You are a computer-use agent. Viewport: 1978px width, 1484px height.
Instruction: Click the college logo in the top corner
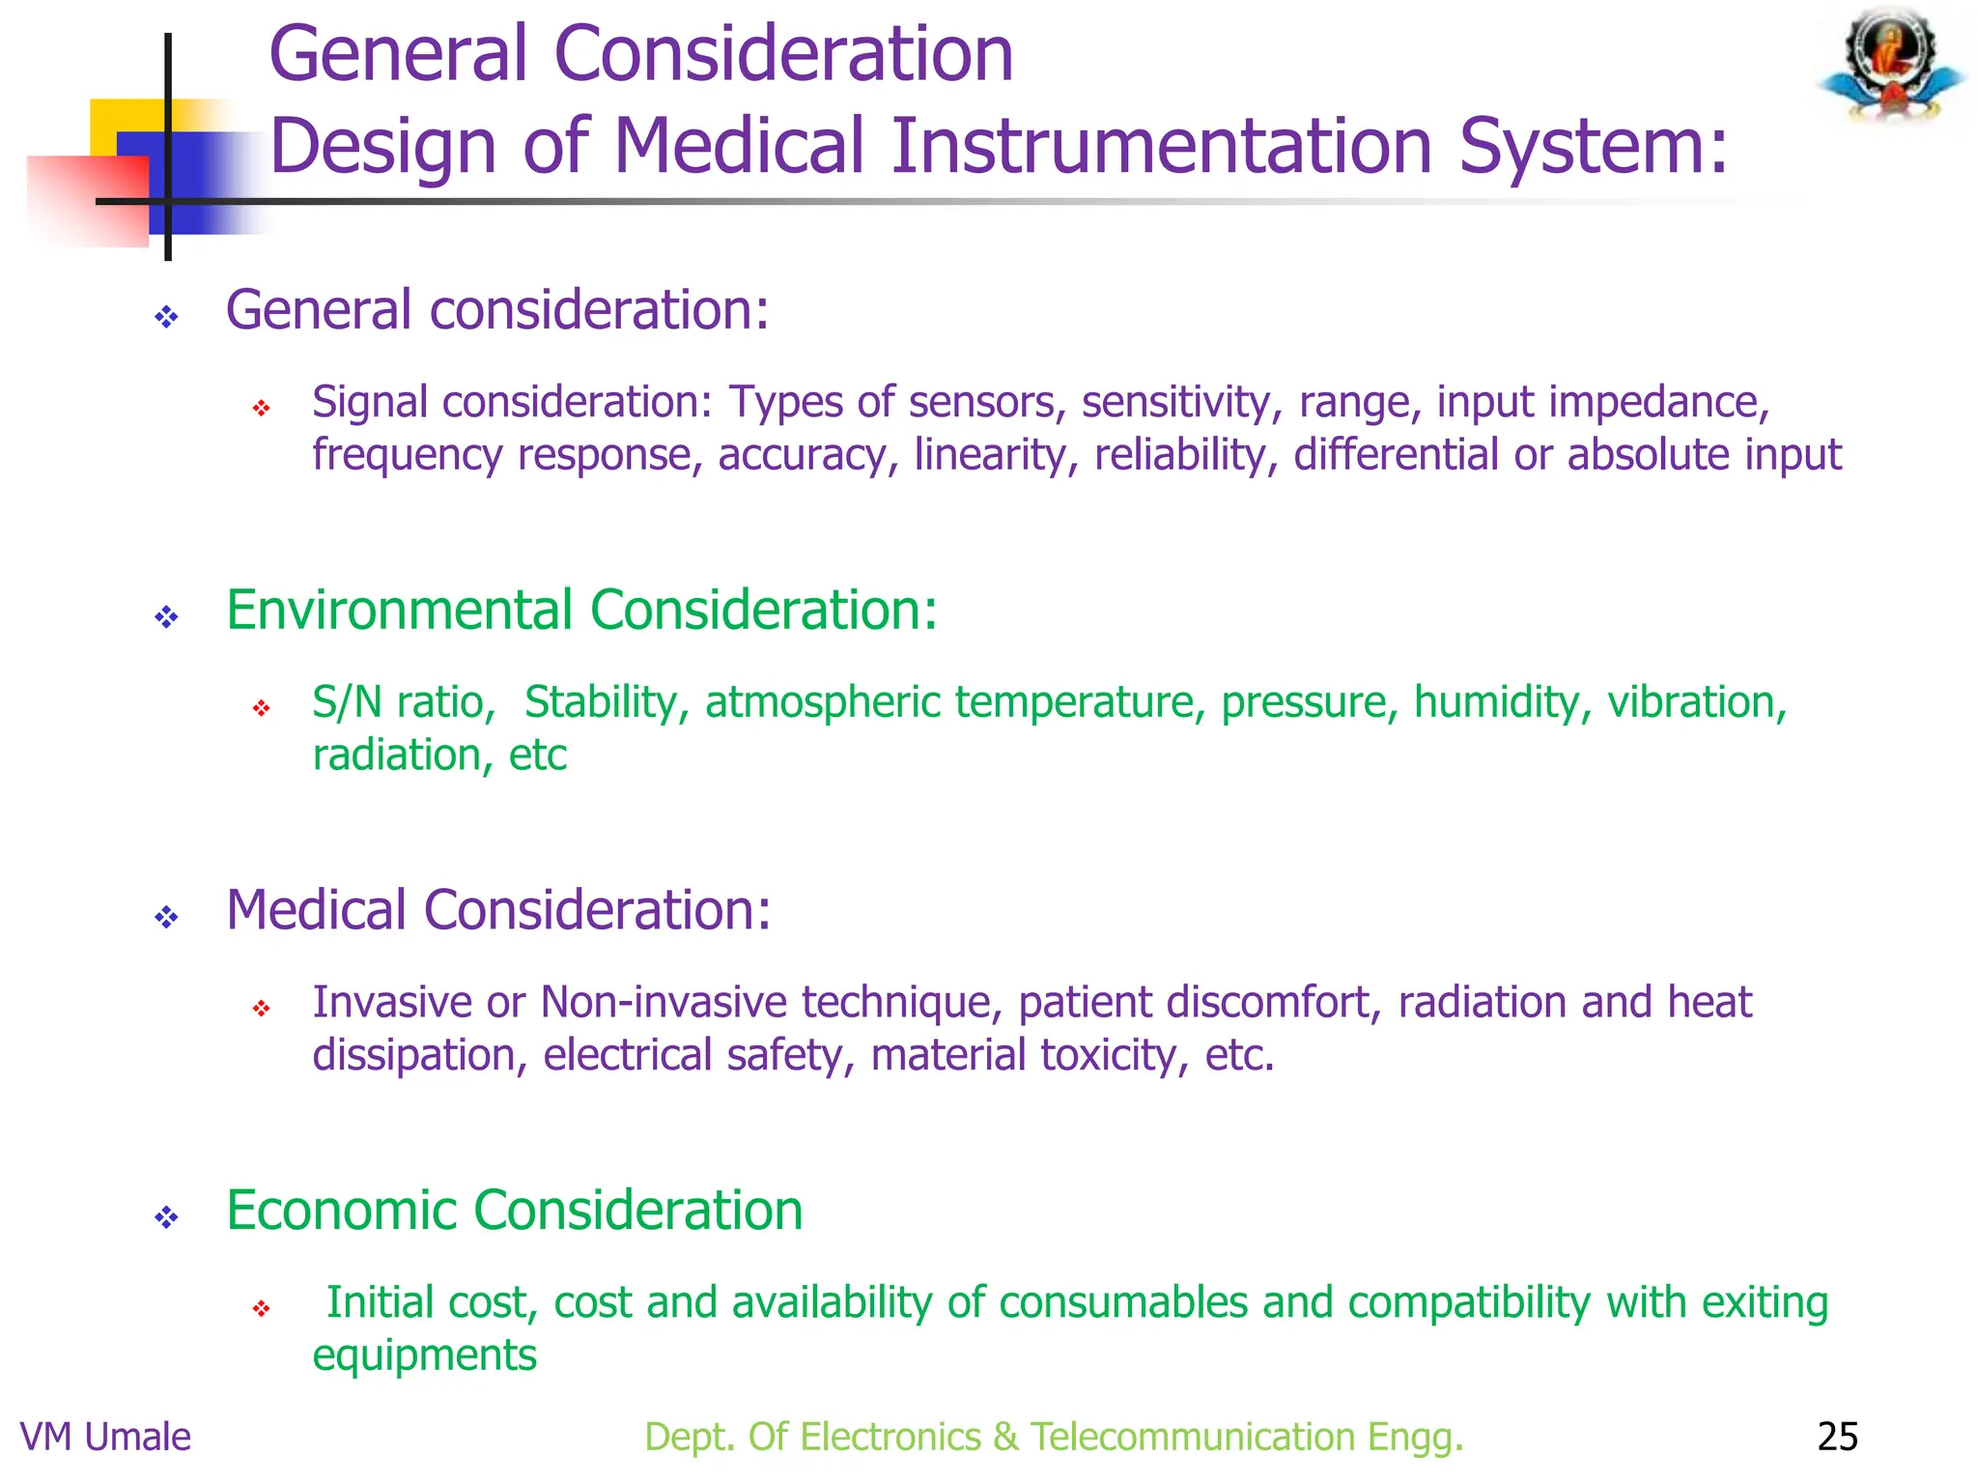[1891, 66]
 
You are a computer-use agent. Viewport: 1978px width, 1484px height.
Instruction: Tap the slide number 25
[1837, 1437]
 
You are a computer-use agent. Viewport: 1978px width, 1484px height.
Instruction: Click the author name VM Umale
[105, 1437]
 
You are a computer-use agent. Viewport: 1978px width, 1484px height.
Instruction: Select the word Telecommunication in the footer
[1192, 1437]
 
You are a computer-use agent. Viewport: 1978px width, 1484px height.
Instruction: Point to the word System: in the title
[1593, 146]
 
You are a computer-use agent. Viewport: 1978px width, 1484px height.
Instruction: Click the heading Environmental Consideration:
[581, 611]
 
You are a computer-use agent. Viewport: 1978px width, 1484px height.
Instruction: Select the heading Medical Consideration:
[498, 910]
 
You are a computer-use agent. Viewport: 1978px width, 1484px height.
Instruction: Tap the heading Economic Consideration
[514, 1211]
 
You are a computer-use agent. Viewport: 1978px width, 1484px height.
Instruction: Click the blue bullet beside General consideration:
[166, 317]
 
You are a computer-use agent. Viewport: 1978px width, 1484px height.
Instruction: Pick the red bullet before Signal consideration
[261, 409]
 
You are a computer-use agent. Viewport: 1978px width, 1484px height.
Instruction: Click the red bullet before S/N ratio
[261, 709]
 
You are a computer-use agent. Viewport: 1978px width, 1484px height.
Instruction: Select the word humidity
[1502, 702]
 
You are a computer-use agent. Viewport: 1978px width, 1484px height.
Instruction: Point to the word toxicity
[1116, 1055]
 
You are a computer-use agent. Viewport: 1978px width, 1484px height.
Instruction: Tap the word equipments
[424, 1356]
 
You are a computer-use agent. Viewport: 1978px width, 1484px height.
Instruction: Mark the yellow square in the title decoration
[126, 121]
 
